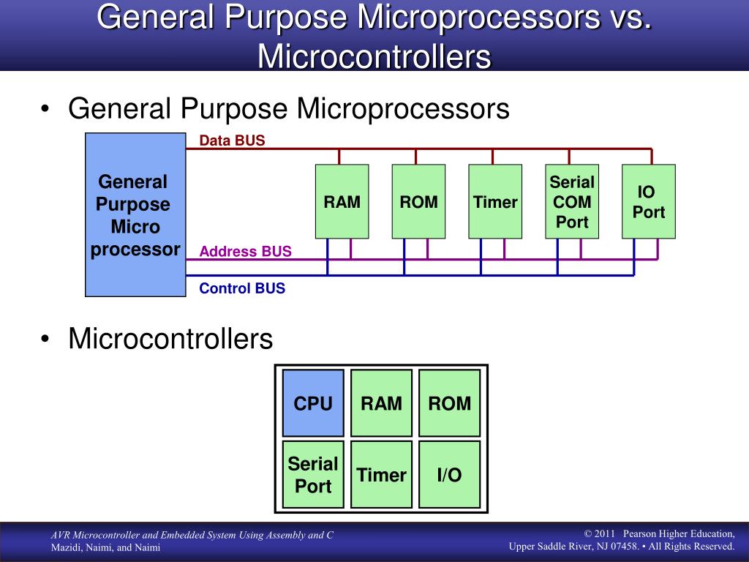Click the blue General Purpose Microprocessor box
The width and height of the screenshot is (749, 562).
click(x=135, y=214)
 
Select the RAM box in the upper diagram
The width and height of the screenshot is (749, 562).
click(x=342, y=201)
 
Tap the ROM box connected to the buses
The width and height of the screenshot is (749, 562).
click(x=418, y=201)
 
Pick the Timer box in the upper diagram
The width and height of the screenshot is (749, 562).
click(x=495, y=201)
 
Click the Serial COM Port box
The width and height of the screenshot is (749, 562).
click(x=572, y=201)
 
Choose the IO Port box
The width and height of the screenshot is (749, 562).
click(x=648, y=201)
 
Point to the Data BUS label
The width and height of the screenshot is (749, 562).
click(x=232, y=140)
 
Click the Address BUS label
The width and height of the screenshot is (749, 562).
click(x=245, y=252)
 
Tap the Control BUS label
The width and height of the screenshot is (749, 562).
click(x=242, y=288)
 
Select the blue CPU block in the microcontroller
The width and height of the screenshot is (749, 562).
click(x=313, y=403)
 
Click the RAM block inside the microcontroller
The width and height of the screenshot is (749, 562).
click(x=381, y=403)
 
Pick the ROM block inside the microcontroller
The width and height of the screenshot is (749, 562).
click(x=449, y=403)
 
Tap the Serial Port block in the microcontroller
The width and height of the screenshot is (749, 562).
click(x=313, y=474)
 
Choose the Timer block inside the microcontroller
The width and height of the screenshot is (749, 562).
click(x=381, y=474)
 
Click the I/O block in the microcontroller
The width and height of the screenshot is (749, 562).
click(x=449, y=474)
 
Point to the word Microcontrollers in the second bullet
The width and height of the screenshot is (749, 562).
click(x=170, y=340)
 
